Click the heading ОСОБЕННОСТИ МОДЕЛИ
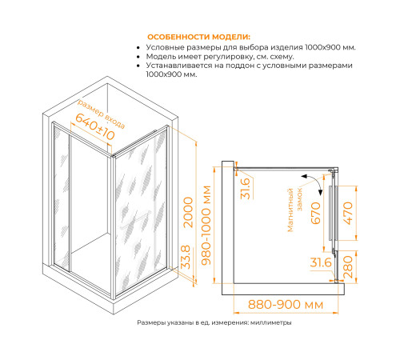click(198, 37)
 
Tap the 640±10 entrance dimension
click(95, 127)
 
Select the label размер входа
click(101, 114)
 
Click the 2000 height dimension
click(189, 212)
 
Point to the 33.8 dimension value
click(186, 257)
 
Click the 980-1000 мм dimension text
click(206, 226)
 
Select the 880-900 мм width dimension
click(286, 304)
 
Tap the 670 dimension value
click(316, 213)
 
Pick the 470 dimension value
click(348, 213)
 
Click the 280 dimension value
click(348, 267)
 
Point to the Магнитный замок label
click(294, 210)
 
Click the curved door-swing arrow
click(314, 182)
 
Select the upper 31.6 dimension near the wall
click(245, 189)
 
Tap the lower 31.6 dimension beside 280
click(321, 262)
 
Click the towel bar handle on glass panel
click(135, 219)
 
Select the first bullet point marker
click(138, 48)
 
